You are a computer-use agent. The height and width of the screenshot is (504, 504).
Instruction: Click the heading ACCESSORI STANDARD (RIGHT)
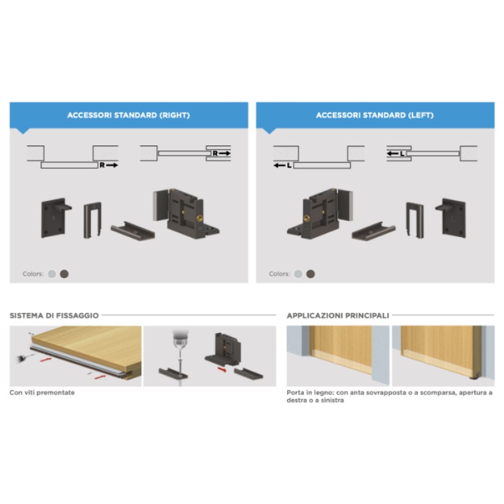(129, 116)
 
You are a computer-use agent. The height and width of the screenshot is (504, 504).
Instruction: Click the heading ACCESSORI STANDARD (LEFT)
(374, 116)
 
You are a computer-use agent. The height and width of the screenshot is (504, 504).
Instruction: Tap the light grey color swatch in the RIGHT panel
(52, 274)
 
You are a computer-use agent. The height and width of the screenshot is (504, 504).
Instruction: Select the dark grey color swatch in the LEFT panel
(310, 274)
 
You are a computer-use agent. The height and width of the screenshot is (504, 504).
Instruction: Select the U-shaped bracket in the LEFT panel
(415, 220)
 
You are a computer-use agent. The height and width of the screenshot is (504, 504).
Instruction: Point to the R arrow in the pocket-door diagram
(219, 153)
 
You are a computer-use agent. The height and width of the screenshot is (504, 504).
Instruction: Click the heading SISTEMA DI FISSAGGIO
(54, 315)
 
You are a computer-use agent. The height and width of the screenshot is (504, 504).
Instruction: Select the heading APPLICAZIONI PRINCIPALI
(337, 315)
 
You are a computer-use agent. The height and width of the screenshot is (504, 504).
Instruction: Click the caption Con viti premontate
(42, 392)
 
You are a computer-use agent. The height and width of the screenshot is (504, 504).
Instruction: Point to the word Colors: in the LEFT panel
(279, 274)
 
